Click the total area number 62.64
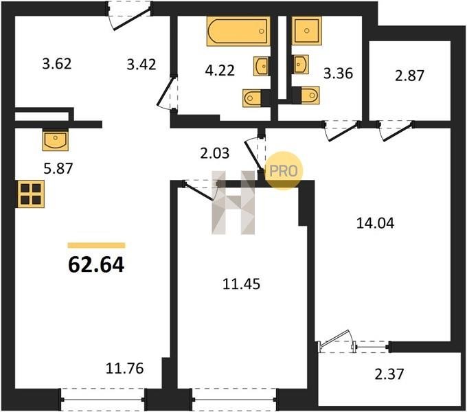(96, 265)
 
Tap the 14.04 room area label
(375, 223)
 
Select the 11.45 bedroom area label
(242, 284)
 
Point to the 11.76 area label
(125, 368)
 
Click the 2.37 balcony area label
(389, 374)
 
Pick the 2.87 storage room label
(409, 76)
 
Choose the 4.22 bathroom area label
(220, 71)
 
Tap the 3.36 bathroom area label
(339, 73)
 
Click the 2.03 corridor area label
(215, 153)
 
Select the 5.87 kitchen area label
(58, 168)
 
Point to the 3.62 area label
(57, 64)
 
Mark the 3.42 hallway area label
(141, 65)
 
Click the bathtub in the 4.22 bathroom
(238, 31)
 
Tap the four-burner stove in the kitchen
(31, 194)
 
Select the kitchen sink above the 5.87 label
(56, 140)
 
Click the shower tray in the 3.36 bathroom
(307, 30)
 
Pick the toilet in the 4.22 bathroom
(256, 98)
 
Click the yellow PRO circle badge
(284, 171)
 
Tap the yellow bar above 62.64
(97, 245)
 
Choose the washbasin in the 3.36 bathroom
(300, 64)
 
